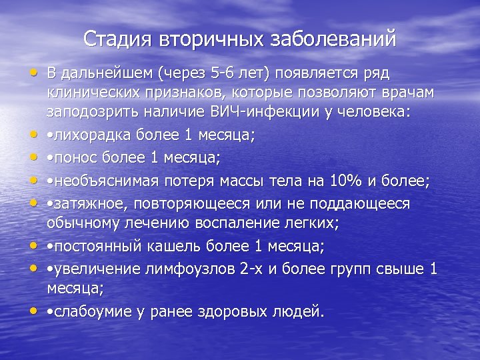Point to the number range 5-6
pyautogui.click(x=216, y=73)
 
